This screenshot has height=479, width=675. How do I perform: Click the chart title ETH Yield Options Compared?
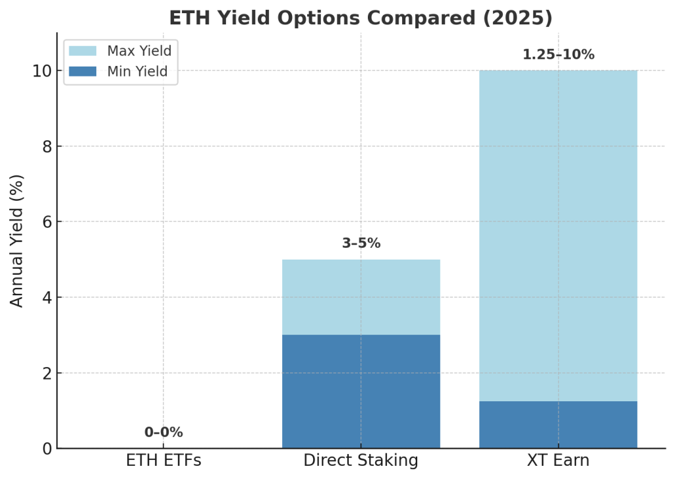click(x=361, y=18)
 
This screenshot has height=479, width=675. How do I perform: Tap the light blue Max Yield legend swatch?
click(x=82, y=51)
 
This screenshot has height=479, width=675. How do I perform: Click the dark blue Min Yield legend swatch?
click(x=82, y=71)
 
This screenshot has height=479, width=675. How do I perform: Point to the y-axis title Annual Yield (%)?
click(x=17, y=240)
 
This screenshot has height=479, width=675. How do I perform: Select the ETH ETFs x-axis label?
click(x=163, y=461)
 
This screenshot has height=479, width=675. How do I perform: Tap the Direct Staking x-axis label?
click(x=361, y=461)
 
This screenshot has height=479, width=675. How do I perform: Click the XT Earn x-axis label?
click(x=558, y=461)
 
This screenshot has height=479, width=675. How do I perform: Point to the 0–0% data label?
click(x=163, y=432)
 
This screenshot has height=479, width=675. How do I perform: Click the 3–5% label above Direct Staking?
click(x=361, y=243)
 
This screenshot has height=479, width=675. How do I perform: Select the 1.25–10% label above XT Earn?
click(x=558, y=55)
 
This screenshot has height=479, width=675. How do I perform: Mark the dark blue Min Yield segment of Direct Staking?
click(x=361, y=391)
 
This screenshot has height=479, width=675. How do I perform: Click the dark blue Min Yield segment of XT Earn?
click(x=558, y=425)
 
